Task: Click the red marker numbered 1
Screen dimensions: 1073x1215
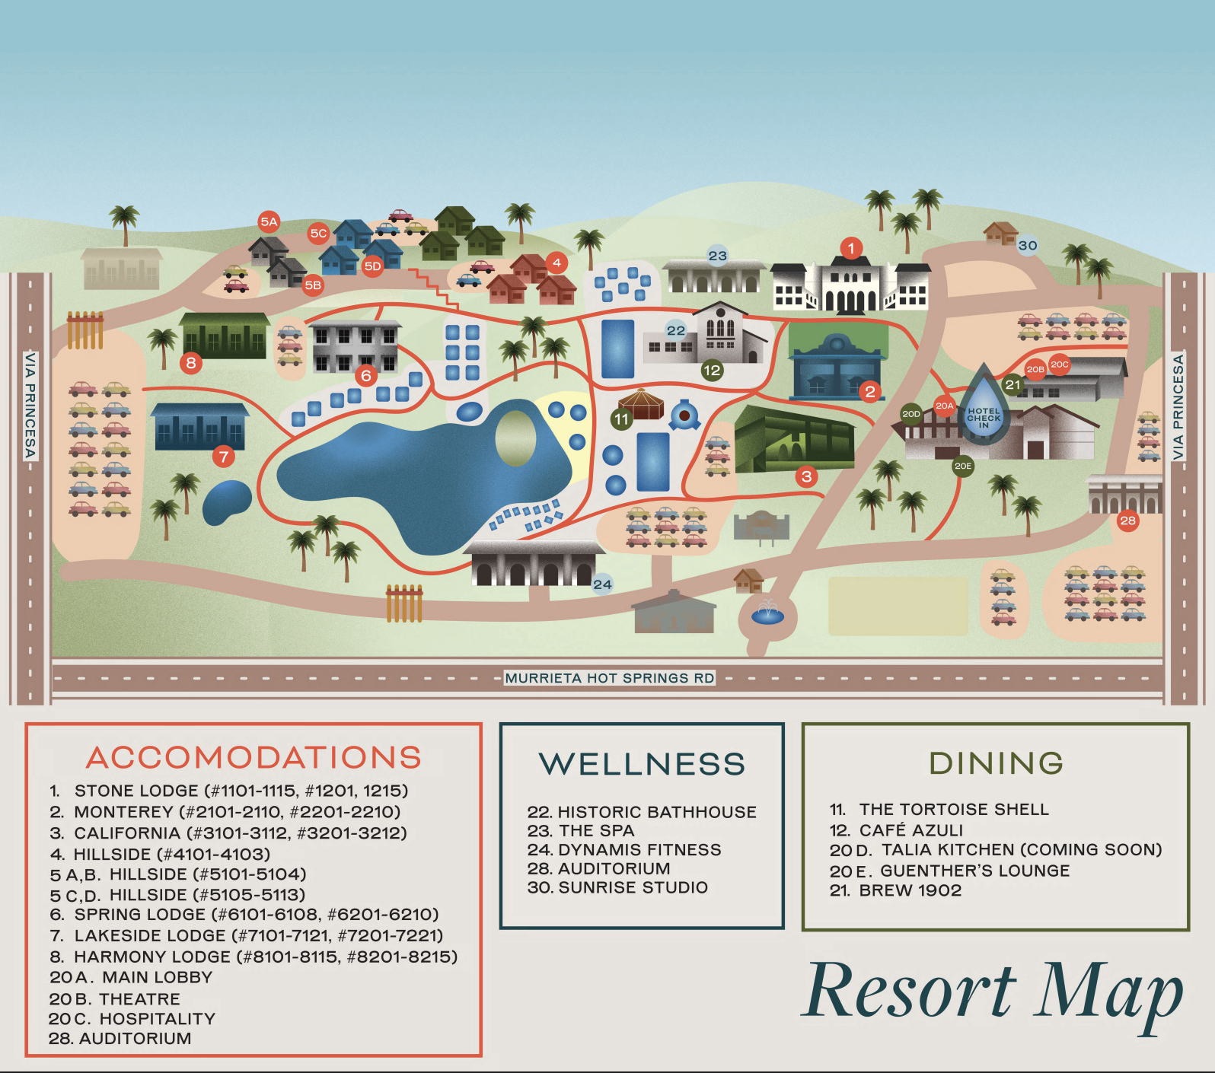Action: (851, 247)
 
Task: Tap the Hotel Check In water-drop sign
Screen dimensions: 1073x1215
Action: (984, 413)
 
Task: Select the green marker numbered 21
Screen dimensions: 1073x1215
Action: (1012, 384)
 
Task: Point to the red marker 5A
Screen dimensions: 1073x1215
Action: (269, 221)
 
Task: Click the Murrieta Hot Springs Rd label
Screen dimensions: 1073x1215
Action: (610, 678)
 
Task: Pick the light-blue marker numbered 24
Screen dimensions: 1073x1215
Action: (602, 584)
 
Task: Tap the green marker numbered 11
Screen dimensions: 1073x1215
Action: (622, 419)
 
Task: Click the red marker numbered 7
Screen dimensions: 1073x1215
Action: (223, 457)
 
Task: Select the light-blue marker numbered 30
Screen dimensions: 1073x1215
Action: (1028, 245)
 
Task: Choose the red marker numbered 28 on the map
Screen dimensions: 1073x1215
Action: (1127, 521)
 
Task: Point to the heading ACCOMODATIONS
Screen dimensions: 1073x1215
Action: (254, 757)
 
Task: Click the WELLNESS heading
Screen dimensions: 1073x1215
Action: (642, 764)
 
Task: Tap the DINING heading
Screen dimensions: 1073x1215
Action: (996, 763)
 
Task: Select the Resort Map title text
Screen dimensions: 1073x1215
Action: (994, 991)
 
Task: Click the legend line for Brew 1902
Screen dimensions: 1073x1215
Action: (896, 890)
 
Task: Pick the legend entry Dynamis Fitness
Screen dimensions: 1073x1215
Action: (624, 849)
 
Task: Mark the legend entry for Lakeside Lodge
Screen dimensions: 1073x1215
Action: (247, 935)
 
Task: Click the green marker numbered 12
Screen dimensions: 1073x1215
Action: (712, 371)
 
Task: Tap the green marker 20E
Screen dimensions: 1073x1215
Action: (963, 466)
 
